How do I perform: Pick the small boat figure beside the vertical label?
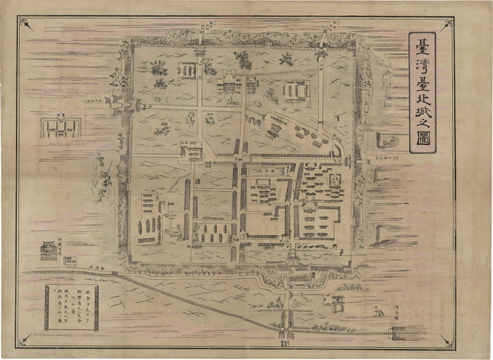[x=377, y=311]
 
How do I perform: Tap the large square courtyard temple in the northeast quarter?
[x=296, y=92]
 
